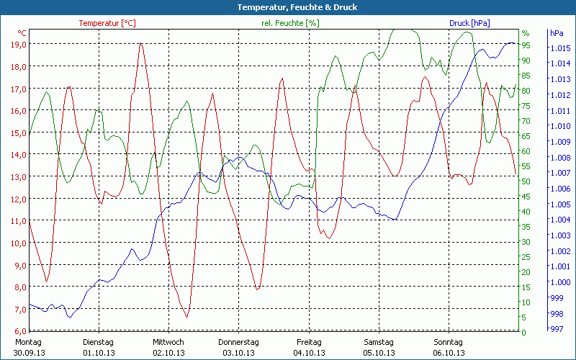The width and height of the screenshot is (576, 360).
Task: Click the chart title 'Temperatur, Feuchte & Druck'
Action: coord(288,7)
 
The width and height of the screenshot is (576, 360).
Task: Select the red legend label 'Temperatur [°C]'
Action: coord(107,23)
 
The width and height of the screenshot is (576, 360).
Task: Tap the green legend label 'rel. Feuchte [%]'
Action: coord(290,23)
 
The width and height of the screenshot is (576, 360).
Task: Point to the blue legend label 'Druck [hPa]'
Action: coord(469,23)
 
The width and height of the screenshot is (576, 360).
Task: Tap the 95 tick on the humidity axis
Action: coord(526,45)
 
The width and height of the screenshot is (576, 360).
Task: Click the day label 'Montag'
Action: coord(28,342)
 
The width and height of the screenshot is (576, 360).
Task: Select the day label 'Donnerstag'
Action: coord(238,342)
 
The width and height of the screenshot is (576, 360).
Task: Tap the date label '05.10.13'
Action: coord(378,353)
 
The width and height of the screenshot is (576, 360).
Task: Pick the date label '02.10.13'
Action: coord(168,353)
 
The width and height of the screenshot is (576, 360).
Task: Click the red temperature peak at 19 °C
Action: coord(141,44)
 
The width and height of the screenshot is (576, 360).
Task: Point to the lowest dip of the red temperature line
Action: coord(186,317)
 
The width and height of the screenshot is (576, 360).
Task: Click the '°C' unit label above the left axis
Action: coord(22,33)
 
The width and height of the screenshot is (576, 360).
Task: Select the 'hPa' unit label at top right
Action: coord(557,33)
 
